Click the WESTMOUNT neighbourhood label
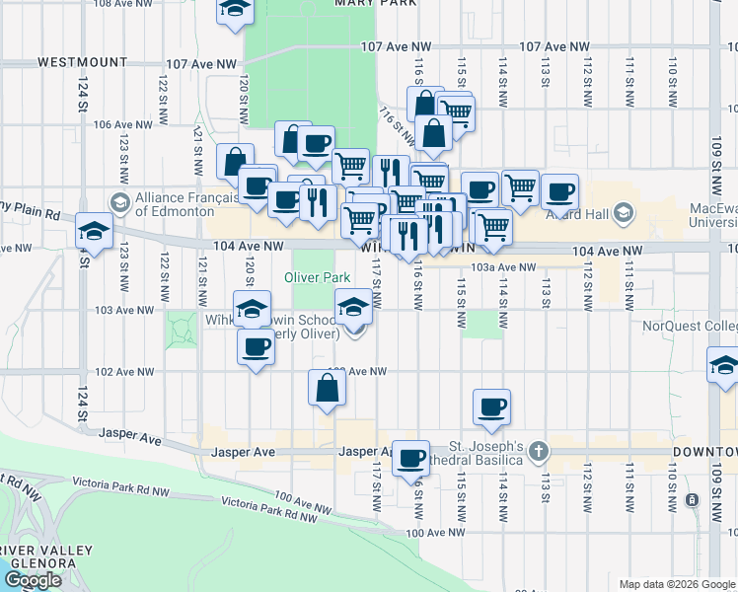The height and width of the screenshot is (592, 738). (83, 62)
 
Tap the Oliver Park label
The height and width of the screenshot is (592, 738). (319, 277)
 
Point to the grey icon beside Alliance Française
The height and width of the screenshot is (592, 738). (120, 203)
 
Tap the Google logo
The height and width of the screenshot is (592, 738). (33, 580)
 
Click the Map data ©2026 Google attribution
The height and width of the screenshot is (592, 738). (676, 584)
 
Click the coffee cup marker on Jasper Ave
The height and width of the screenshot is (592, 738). (411, 458)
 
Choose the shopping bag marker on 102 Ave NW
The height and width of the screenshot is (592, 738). (327, 389)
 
